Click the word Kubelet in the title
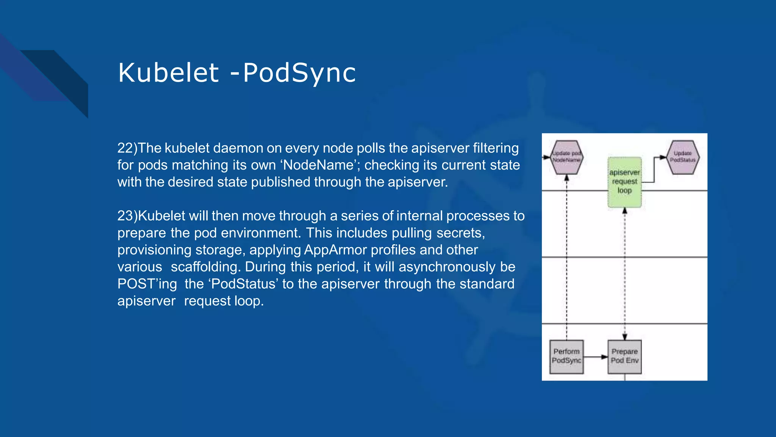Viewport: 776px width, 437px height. click(x=168, y=73)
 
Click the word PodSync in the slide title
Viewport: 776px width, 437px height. click(x=299, y=73)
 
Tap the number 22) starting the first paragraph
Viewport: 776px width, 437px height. click(x=127, y=148)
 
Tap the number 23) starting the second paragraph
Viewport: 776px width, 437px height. click(x=127, y=216)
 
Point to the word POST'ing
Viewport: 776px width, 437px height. click(x=147, y=284)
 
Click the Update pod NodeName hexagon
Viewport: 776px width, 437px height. click(x=566, y=157)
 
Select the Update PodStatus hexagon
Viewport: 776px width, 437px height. click(x=682, y=157)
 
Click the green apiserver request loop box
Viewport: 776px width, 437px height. click(x=624, y=182)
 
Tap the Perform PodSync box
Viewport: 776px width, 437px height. click(x=566, y=357)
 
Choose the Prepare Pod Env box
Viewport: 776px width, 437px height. click(x=624, y=357)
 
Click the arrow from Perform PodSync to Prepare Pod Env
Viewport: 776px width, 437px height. click(x=596, y=357)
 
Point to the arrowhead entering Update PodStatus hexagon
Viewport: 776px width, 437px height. click(x=663, y=157)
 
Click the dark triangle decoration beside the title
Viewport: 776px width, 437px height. click(x=64, y=80)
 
